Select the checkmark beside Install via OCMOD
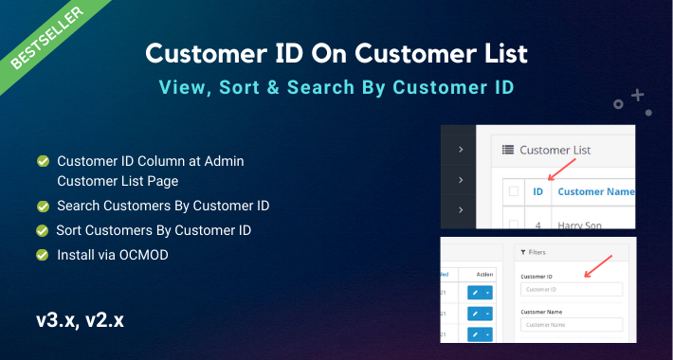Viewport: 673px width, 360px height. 43,255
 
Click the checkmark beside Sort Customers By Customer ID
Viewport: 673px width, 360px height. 43,230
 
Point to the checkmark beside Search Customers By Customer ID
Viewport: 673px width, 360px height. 43,206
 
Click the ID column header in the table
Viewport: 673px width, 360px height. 537,192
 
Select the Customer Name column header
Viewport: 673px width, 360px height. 595,192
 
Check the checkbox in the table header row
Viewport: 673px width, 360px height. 513,192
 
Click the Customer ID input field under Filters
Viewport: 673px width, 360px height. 572,290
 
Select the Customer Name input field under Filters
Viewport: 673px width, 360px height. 572,325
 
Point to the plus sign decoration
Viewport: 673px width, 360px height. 637,96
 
